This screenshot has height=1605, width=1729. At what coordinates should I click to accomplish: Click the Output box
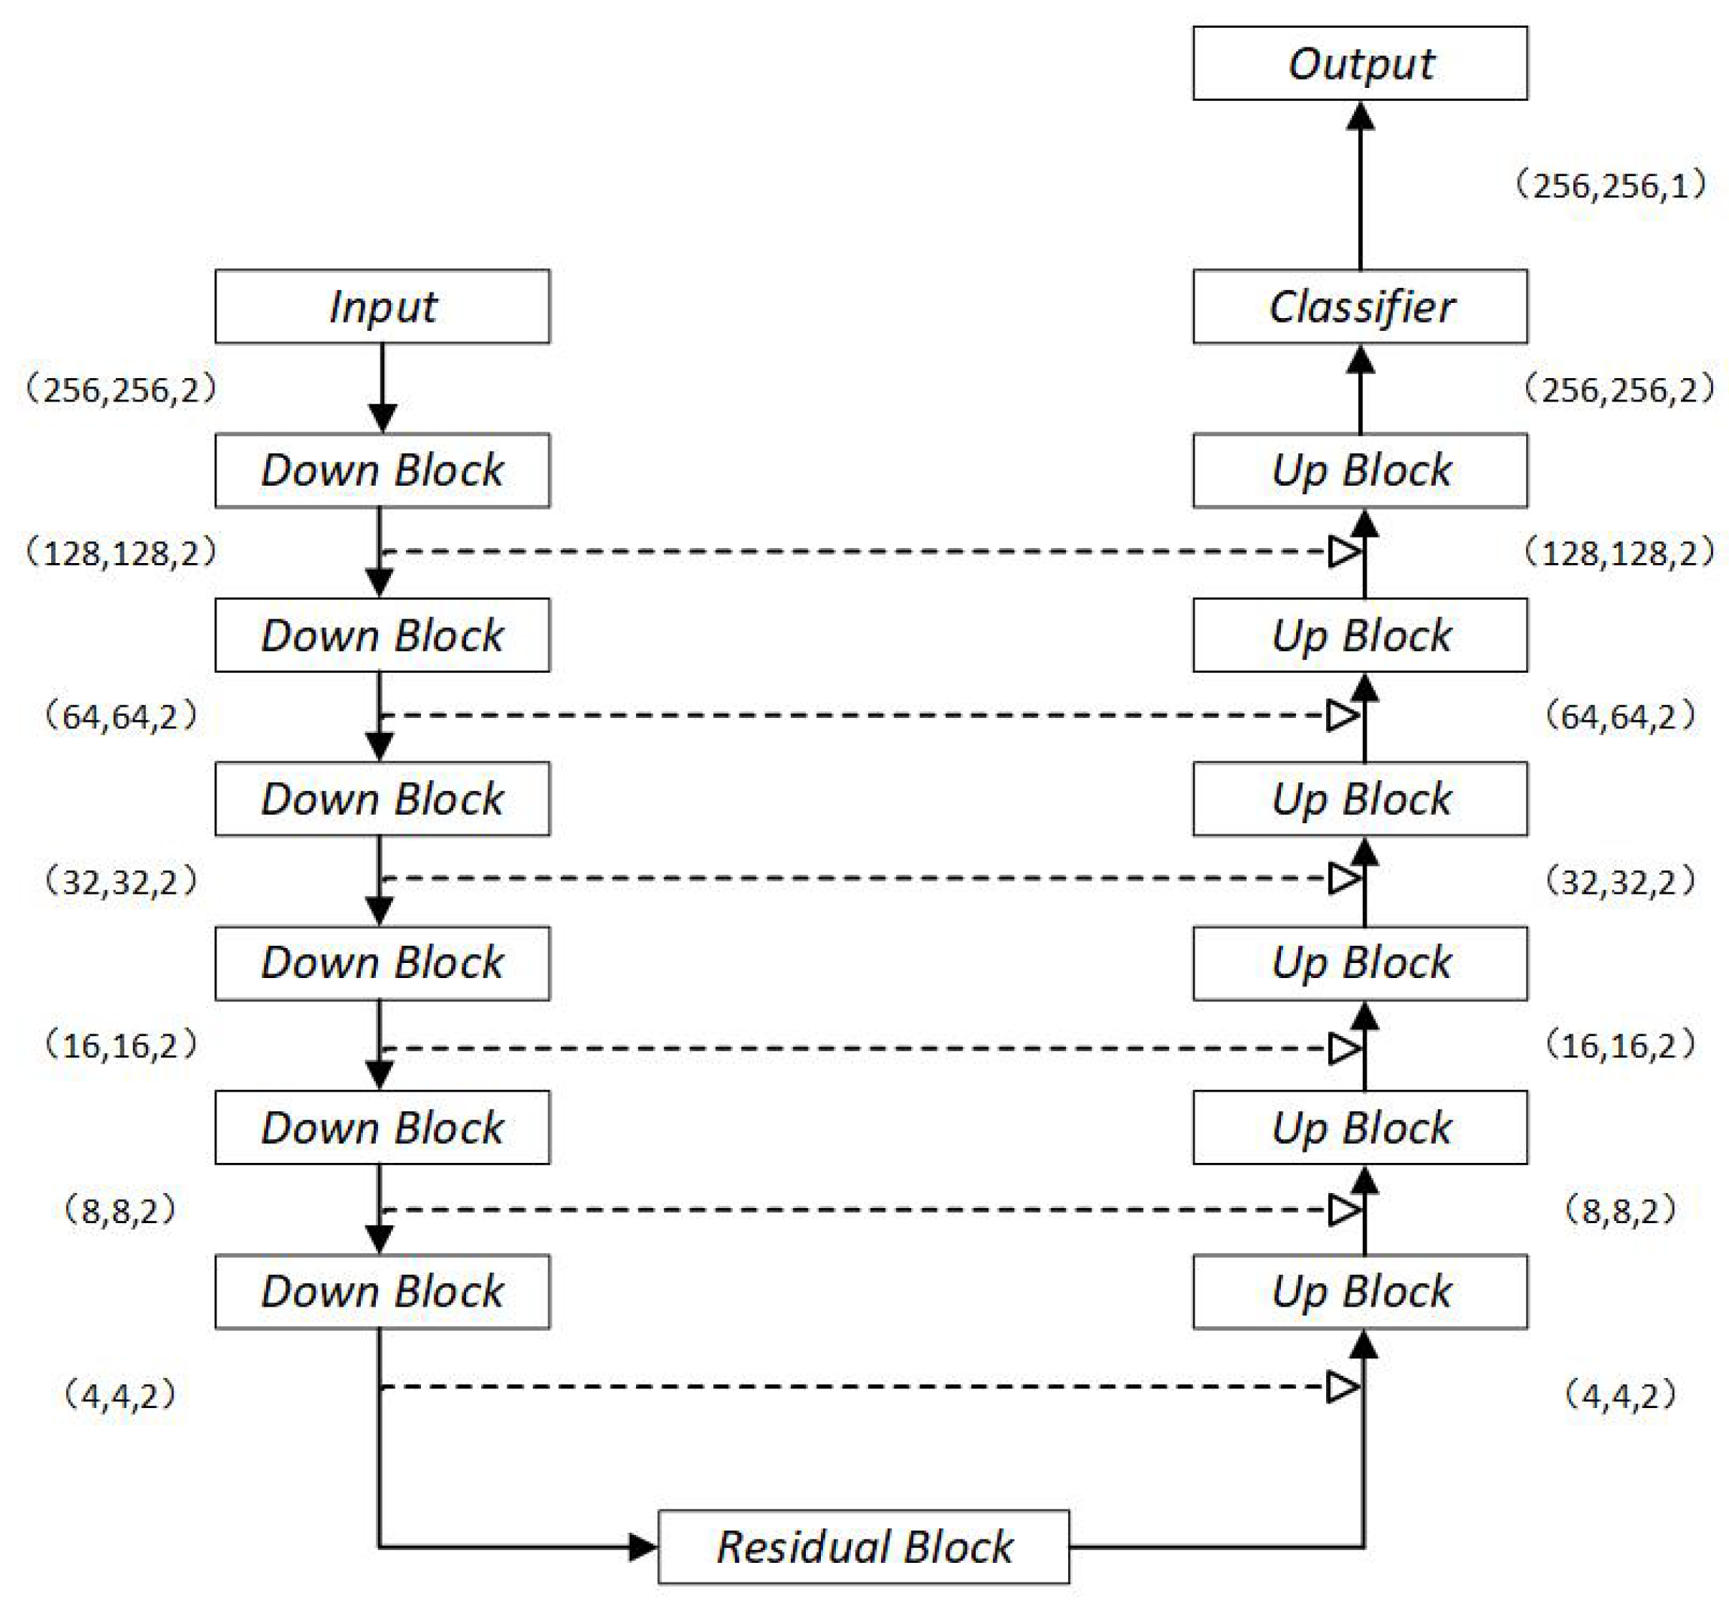click(x=1359, y=63)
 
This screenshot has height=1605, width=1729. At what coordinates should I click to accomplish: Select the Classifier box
click(x=1359, y=307)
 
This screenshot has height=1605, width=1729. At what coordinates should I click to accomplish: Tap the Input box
click(x=382, y=307)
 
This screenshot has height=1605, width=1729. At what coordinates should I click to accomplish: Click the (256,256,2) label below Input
click(x=121, y=390)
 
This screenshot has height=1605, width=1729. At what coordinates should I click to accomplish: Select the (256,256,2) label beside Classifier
click(x=1618, y=390)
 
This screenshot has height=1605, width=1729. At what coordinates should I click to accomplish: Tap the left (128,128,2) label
click(x=121, y=553)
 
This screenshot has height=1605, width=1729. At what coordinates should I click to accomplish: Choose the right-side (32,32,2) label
click(x=1618, y=883)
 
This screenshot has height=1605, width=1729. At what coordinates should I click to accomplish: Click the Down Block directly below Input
click(x=382, y=471)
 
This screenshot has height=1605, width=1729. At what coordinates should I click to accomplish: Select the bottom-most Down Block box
click(x=382, y=1292)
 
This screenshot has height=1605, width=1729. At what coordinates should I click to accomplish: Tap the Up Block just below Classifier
click(x=1359, y=471)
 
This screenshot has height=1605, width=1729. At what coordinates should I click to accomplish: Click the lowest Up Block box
click(x=1359, y=1292)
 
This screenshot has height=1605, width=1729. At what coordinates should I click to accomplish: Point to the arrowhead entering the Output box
click(x=1360, y=117)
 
